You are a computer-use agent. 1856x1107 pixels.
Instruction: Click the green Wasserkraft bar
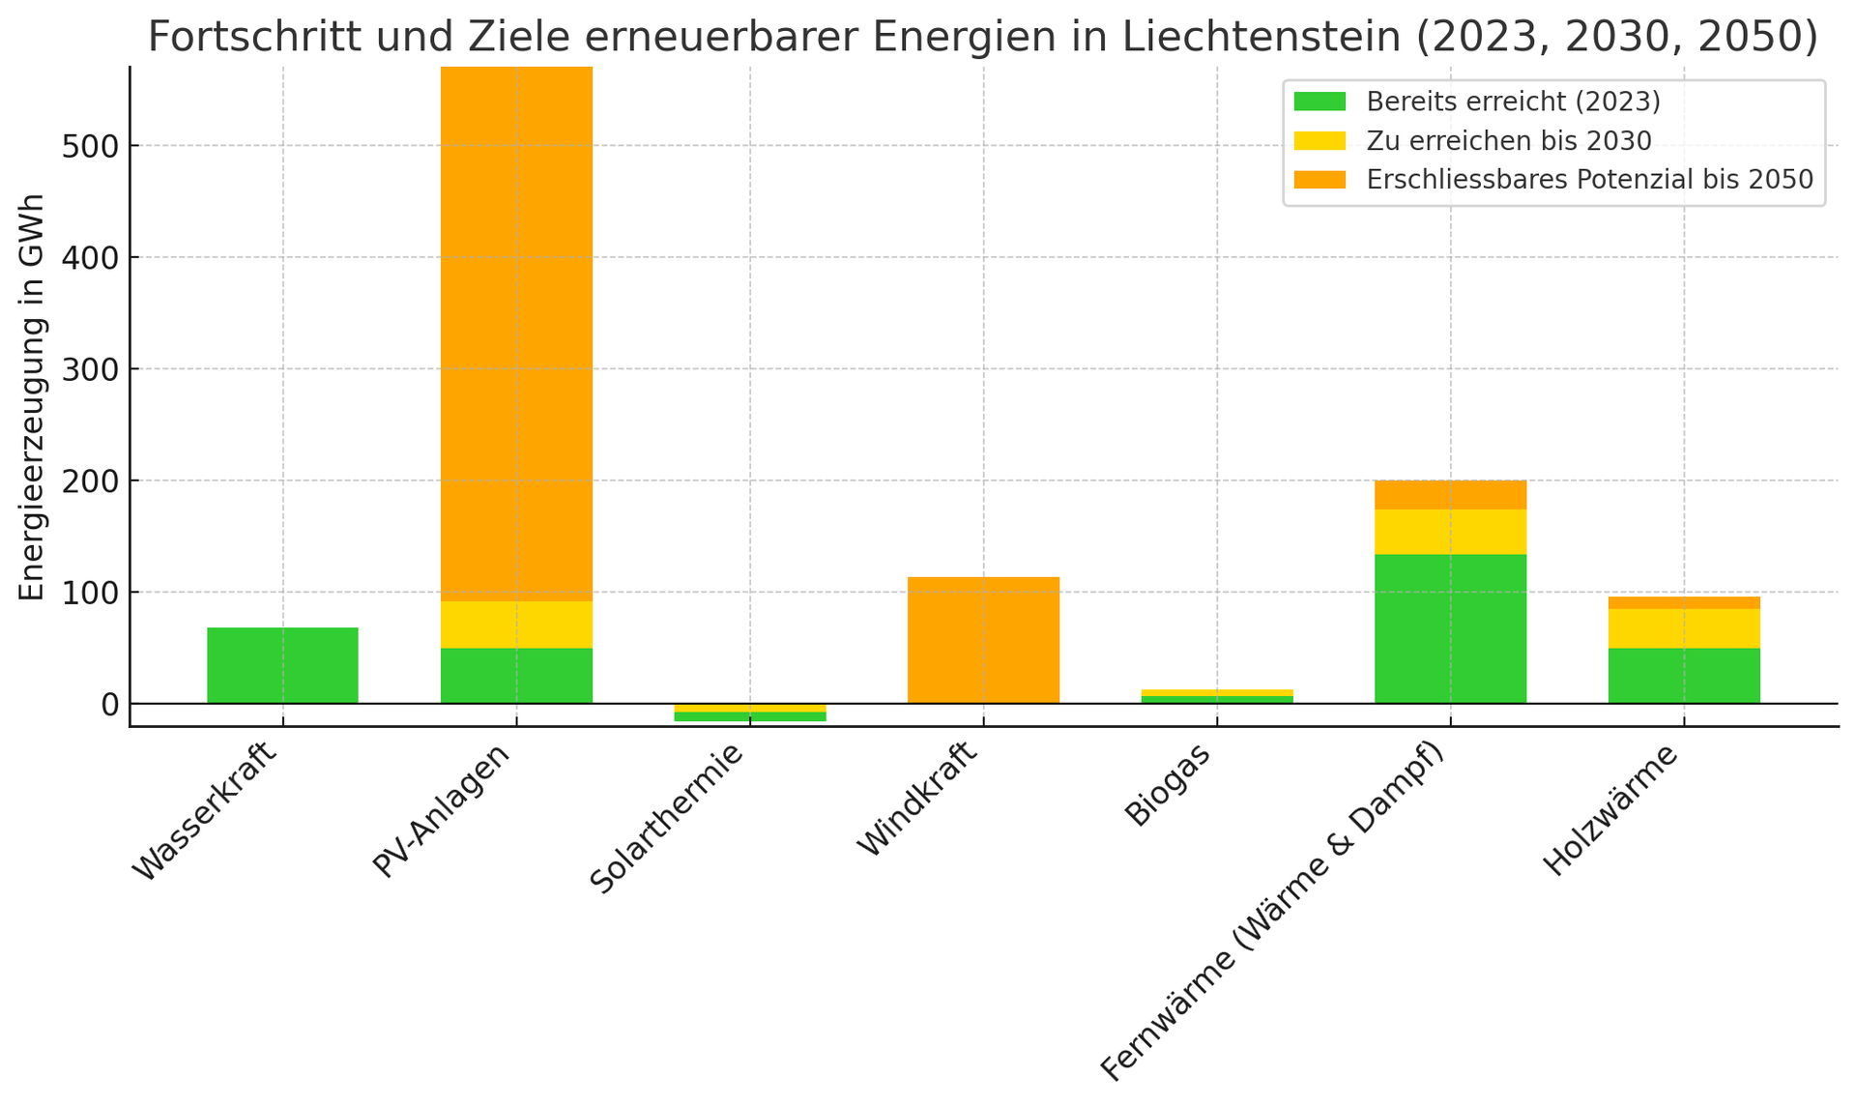[282, 665]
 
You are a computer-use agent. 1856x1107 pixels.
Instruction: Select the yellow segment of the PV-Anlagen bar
[516, 625]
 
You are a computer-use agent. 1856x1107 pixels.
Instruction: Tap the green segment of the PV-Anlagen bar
[516, 675]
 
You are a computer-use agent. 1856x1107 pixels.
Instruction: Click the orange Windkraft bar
[983, 640]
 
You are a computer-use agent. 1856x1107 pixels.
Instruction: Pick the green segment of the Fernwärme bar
[1450, 628]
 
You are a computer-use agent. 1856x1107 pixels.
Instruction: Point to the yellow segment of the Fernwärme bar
[1450, 532]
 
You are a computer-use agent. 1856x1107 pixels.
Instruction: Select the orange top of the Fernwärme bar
[1450, 495]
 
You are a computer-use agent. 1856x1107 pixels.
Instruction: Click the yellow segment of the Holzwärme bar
[1684, 628]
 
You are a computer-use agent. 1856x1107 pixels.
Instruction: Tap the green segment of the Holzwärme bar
[1684, 675]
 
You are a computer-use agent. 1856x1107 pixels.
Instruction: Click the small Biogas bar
[1217, 696]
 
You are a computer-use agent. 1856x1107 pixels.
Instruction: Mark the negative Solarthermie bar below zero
[750, 713]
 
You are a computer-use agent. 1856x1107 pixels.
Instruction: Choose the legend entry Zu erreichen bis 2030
[1508, 141]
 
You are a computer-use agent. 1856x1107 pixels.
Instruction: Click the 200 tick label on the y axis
[91, 481]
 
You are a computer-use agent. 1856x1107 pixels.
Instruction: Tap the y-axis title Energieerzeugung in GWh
[32, 396]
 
